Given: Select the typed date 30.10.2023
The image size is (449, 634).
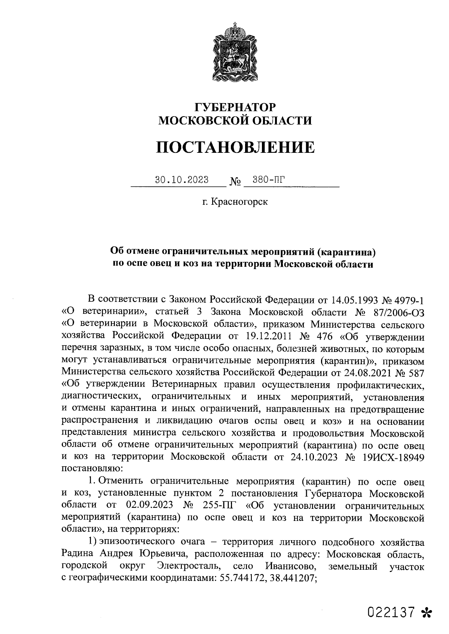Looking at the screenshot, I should pos(182,180).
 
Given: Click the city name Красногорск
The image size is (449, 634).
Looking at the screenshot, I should pos(239,202).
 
